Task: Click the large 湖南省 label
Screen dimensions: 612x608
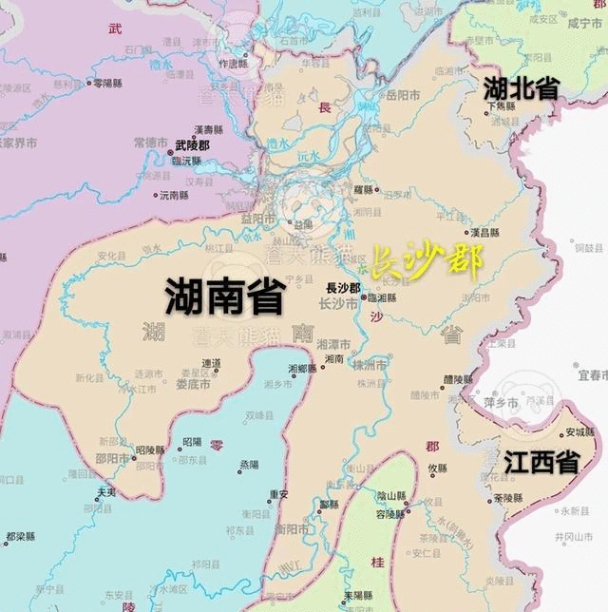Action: coord(225,296)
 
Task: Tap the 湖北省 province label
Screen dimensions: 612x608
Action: coord(522,88)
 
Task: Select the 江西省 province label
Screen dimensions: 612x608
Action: coord(541,463)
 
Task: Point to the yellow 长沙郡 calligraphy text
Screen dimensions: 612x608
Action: coord(425,261)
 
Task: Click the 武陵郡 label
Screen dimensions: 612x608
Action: coord(192,145)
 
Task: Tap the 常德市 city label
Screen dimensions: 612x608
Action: coord(152,142)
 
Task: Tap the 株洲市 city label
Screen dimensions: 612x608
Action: coord(370,366)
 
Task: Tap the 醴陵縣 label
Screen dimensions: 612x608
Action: coord(461,378)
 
